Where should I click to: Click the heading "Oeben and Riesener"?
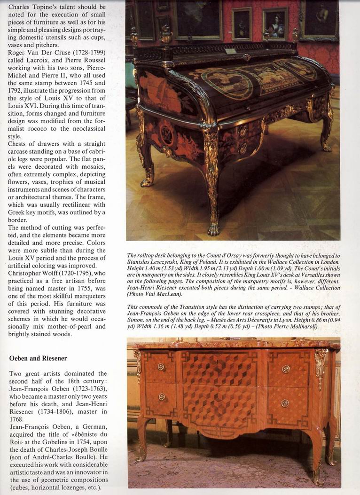tap(38, 358)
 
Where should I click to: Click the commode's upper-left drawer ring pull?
tap(161, 367)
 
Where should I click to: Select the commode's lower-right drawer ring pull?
tap(285, 403)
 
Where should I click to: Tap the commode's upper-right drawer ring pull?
tap(286, 369)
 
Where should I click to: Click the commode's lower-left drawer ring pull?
tap(162, 397)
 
